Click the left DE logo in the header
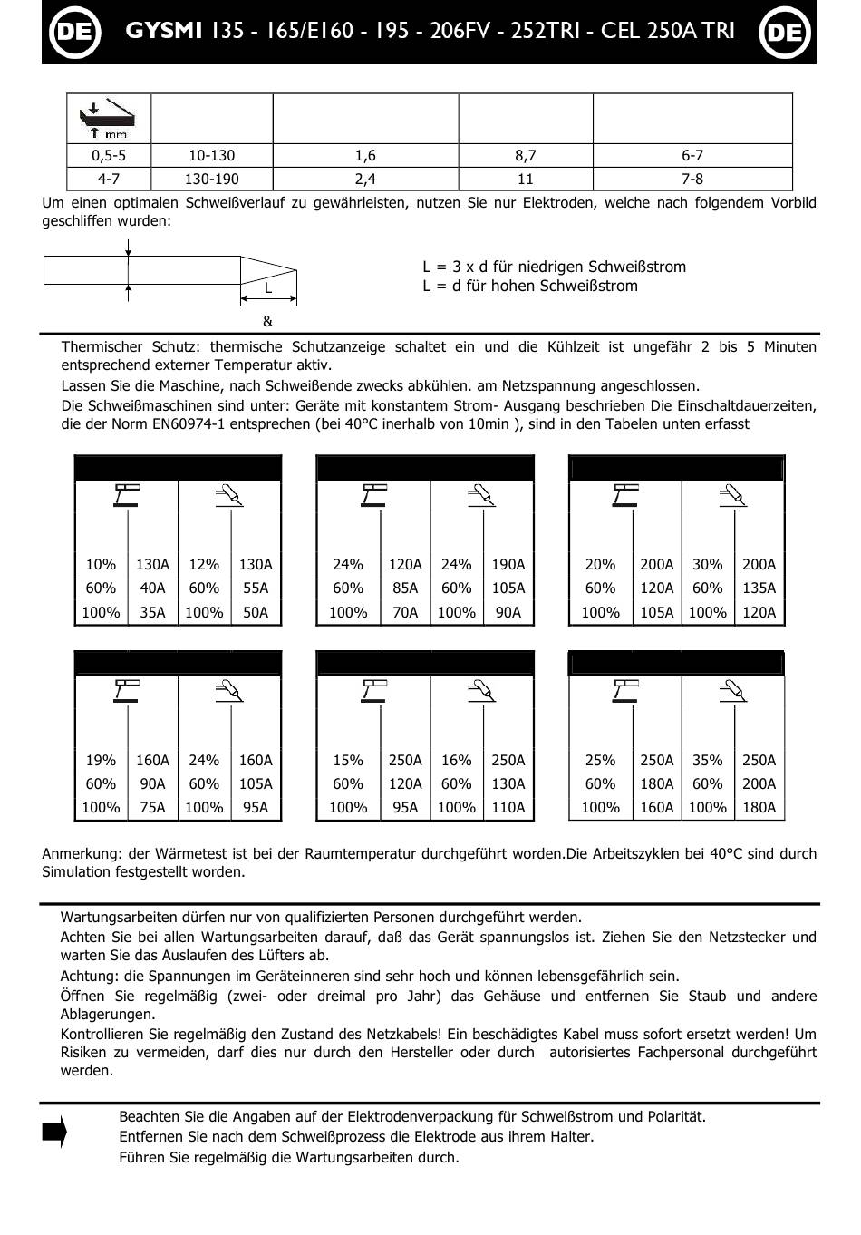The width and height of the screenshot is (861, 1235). point(72,32)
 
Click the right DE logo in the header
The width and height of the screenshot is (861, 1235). point(784,32)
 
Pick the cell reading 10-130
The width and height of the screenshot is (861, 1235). point(211,156)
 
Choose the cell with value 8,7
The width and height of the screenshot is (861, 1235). point(525,156)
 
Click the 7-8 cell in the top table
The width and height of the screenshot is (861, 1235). point(692,180)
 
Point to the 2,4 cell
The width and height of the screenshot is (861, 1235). point(365,180)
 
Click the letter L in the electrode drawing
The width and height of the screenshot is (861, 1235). point(268,288)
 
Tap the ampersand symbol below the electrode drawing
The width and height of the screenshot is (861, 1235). point(267,321)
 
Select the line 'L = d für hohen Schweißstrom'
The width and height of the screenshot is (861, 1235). point(529,287)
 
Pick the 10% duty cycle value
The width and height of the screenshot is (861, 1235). point(101,565)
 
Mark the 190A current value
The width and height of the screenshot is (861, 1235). point(508,565)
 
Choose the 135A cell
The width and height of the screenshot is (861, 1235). point(759,588)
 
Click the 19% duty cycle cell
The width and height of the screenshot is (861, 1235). point(101,761)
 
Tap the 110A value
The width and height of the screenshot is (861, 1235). point(508,808)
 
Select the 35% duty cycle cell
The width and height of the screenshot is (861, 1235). point(707,761)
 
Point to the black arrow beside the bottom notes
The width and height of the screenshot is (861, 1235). point(54,1133)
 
